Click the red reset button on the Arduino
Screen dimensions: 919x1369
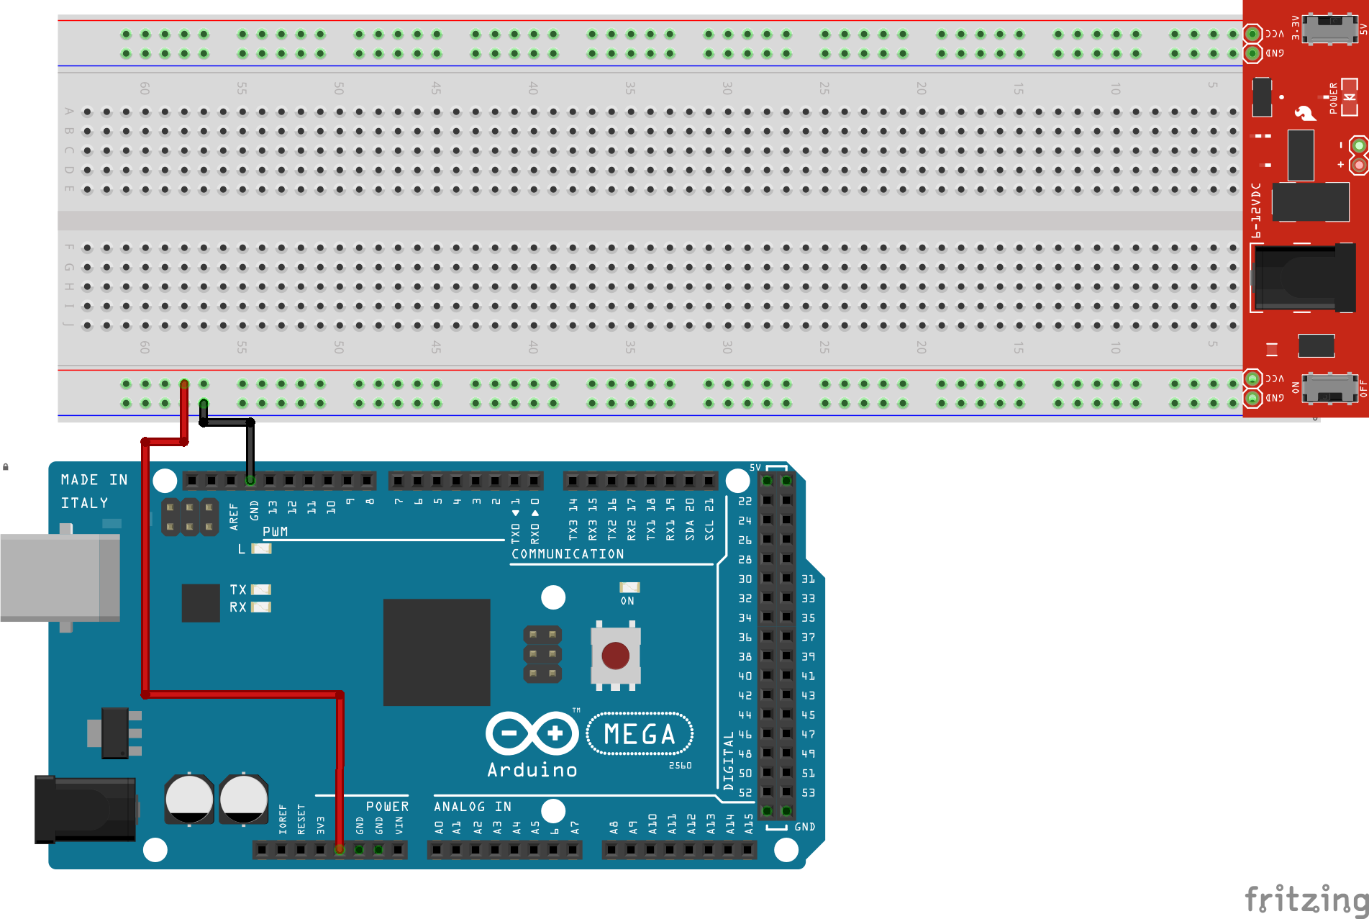pyautogui.click(x=615, y=656)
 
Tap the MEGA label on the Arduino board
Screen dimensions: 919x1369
pyautogui.click(x=640, y=734)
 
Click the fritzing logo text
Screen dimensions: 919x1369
pyautogui.click(x=1306, y=900)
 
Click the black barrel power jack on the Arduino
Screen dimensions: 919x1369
pyautogui.click(x=85, y=808)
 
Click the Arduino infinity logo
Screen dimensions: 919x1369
pyautogui.click(x=532, y=734)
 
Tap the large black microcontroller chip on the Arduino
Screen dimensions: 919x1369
pyautogui.click(x=436, y=652)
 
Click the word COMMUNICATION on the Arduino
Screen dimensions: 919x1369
pyautogui.click(x=568, y=554)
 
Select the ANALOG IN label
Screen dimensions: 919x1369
pyautogui.click(x=472, y=807)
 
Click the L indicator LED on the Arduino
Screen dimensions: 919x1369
pyautogui.click(x=261, y=549)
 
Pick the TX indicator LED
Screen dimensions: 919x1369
pyautogui.click(x=260, y=590)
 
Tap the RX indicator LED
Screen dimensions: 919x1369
pyautogui.click(x=260, y=607)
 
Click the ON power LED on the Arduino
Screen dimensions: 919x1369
pyautogui.click(x=629, y=588)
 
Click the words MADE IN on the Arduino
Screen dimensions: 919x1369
pyautogui.click(x=94, y=480)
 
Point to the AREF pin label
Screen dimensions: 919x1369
pyautogui.click(x=234, y=517)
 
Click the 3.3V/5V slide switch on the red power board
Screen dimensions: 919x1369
pyautogui.click(x=1329, y=29)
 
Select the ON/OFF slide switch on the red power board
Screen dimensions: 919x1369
pyautogui.click(x=1329, y=389)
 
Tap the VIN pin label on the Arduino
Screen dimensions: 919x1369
pyautogui.click(x=399, y=825)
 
